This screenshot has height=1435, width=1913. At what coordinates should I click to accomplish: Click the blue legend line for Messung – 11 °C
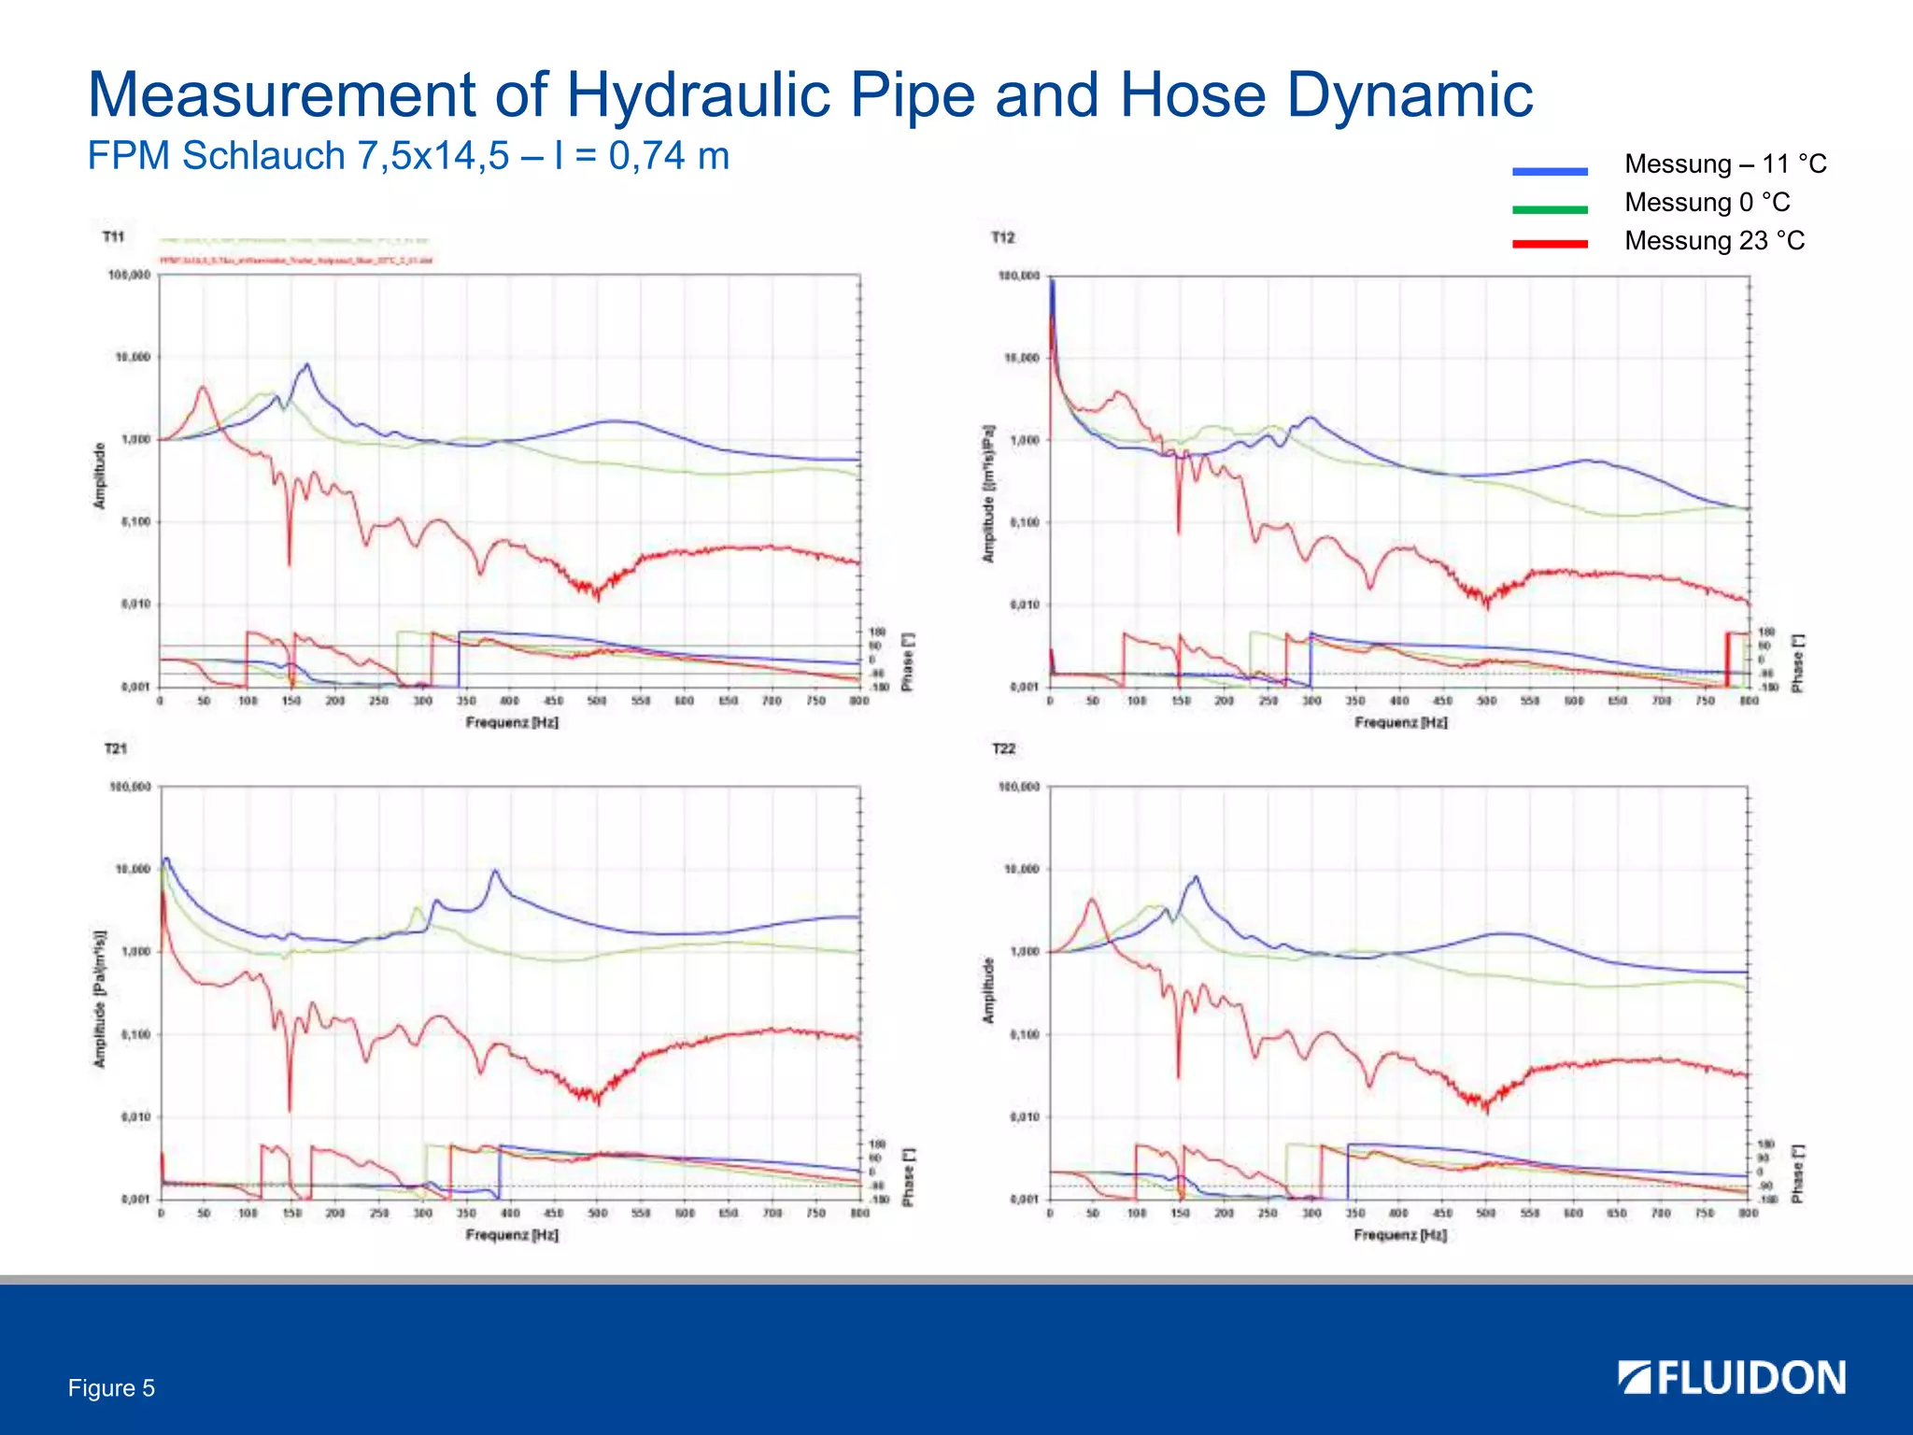point(1550,171)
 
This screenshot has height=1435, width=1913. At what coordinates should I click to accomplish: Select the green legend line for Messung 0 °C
point(1550,209)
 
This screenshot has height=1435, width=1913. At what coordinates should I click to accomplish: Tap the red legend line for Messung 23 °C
point(1550,244)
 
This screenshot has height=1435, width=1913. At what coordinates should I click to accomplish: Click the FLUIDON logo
point(1732,1378)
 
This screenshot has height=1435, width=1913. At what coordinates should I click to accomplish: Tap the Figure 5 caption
point(111,1388)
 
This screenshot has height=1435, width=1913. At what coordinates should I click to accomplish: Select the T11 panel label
point(113,237)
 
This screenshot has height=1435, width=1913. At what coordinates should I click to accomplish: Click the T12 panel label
point(1002,238)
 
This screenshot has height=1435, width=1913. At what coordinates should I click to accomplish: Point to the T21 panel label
point(115,749)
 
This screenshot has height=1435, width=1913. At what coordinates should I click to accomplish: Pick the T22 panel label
point(1003,749)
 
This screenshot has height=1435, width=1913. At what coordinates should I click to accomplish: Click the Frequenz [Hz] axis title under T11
point(512,723)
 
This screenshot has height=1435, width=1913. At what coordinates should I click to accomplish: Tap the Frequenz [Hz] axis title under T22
point(1400,1235)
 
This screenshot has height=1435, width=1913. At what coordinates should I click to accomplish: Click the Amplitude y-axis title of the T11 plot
point(99,476)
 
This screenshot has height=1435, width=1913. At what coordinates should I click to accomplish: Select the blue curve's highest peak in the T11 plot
point(306,365)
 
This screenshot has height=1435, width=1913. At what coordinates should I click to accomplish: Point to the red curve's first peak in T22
point(1091,901)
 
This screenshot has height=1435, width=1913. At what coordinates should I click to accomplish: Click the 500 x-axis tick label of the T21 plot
point(598,1214)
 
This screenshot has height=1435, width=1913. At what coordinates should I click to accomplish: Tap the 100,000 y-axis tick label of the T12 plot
point(1019,277)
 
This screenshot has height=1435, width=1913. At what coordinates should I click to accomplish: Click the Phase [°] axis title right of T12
point(1797,664)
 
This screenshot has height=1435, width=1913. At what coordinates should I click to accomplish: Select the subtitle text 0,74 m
point(669,156)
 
